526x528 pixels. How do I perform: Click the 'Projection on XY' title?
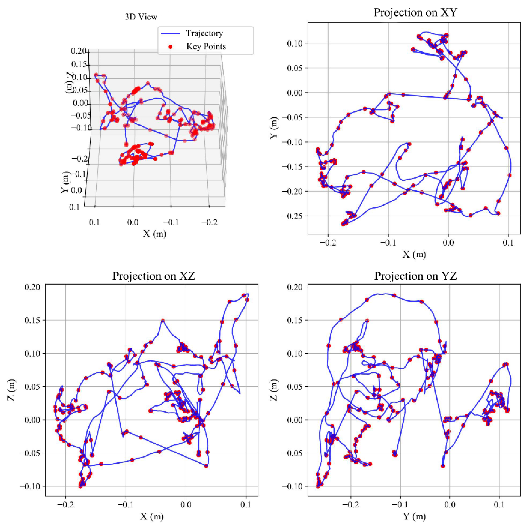(415, 13)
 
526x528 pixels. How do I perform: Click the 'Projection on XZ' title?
(153, 276)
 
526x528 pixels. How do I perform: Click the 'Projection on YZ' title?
(415, 276)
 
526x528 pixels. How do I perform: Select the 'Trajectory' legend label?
(205, 33)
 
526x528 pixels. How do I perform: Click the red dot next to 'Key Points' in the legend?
(170, 47)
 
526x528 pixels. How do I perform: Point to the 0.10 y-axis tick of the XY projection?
(295, 43)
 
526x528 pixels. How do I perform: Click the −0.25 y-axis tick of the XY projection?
(292, 216)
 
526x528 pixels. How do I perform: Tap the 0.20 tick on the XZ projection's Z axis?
(32, 287)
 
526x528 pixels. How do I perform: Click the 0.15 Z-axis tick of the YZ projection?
(295, 320)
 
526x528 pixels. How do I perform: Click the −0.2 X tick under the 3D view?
(209, 223)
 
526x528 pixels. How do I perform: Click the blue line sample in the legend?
(170, 33)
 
